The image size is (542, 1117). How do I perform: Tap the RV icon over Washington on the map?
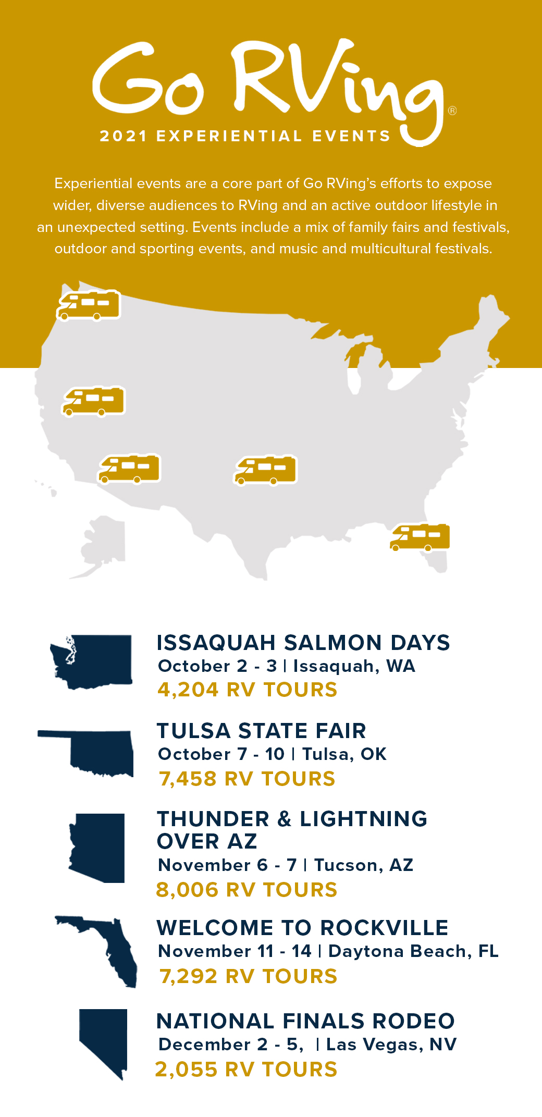[89, 305]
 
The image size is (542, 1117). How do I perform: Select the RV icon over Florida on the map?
[420, 537]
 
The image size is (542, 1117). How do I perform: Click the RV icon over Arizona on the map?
[130, 468]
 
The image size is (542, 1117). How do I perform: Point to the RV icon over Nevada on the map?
[94, 401]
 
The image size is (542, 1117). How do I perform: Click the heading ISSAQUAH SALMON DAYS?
[303, 643]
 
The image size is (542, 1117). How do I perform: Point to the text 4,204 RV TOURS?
[248, 690]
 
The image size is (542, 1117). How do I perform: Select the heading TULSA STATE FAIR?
[262, 731]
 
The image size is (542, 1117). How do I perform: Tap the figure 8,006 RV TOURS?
[247, 890]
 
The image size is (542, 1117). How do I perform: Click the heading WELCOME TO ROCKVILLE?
[303, 928]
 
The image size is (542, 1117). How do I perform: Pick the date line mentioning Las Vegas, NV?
[307, 1045]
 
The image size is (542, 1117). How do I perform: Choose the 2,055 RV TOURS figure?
[246, 1070]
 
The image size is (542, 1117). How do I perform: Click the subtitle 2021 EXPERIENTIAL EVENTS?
[245, 136]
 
